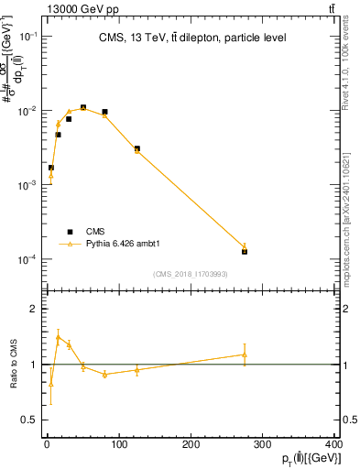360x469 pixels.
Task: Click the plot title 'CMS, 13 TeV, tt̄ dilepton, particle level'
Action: pos(191,38)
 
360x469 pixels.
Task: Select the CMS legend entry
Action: pos(82,232)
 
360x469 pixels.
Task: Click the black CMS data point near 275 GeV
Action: pos(245,251)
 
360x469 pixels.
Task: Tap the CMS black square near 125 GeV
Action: pos(136,148)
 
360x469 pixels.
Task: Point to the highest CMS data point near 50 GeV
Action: pos(83,107)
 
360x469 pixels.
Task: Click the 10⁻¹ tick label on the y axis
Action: pos(28,36)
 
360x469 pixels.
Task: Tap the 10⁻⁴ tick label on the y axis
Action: pos(28,260)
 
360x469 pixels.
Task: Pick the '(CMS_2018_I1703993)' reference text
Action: pos(191,274)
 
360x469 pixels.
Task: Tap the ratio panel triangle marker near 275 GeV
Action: pos(245,354)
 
